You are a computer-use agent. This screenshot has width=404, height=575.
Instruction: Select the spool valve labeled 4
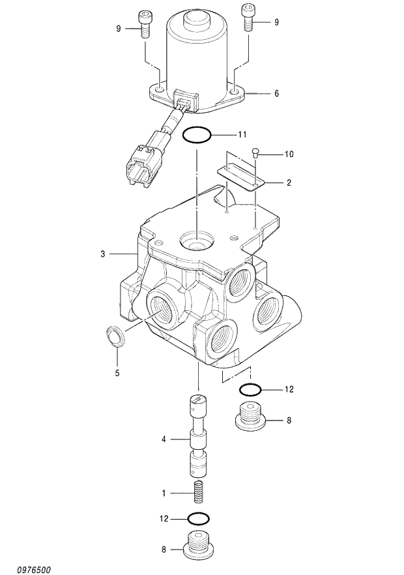[198, 437]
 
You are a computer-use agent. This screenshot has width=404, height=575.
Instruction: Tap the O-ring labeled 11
[196, 135]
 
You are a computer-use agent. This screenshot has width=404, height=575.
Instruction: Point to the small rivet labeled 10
[255, 154]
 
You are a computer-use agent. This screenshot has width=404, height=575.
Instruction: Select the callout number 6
[276, 94]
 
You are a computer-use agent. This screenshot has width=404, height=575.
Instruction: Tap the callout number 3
[102, 254]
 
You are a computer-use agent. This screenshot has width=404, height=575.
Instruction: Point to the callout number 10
[289, 155]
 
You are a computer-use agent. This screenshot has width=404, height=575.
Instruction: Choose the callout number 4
[164, 439]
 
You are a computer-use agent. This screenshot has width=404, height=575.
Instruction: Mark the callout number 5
[117, 374]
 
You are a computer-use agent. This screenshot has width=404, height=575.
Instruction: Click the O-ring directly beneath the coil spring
[198, 519]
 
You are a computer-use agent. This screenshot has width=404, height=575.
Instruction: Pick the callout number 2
[289, 183]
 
